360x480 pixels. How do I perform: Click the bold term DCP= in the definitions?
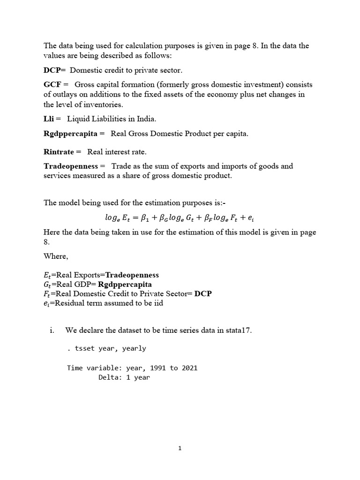pos(55,70)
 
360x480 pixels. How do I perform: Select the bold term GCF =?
pos(56,85)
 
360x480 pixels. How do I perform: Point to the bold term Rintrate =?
pos(62,152)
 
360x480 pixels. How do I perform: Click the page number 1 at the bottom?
pos(180,448)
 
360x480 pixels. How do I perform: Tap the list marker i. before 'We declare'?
pos(52,330)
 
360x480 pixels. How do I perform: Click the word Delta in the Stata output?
pos(108,377)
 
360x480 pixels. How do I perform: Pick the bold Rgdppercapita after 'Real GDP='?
pos(125,284)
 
